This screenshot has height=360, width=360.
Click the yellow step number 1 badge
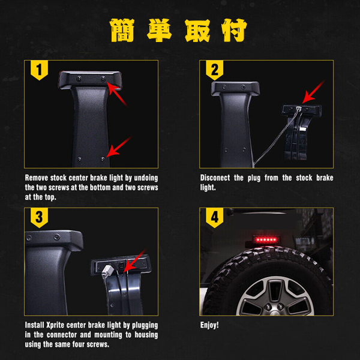pyautogui.click(x=39, y=70)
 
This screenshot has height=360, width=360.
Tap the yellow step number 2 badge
pyautogui.click(x=214, y=70)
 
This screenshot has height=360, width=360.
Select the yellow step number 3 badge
pyautogui.click(x=39, y=218)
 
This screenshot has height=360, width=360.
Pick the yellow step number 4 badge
pyautogui.click(x=214, y=218)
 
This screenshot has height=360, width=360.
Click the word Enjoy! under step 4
pyautogui.click(x=209, y=325)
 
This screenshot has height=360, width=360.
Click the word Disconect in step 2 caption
pyautogui.click(x=215, y=178)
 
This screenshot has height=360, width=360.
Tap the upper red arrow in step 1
pyautogui.click(x=117, y=94)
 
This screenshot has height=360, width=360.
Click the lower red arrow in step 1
pyautogui.click(x=119, y=147)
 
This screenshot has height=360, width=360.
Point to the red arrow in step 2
pyautogui.click(x=313, y=92)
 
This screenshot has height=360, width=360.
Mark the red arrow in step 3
pyautogui.click(x=135, y=260)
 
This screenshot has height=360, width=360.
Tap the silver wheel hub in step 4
pyautogui.click(x=275, y=296)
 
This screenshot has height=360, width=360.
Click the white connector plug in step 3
pyautogui.click(x=106, y=271)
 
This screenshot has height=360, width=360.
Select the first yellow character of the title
pyautogui.click(x=122, y=31)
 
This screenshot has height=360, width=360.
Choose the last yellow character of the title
pyautogui.click(x=234, y=31)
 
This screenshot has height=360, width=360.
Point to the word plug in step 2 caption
pyautogui.click(x=254, y=178)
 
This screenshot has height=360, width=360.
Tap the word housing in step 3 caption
pyautogui.click(x=146, y=335)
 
